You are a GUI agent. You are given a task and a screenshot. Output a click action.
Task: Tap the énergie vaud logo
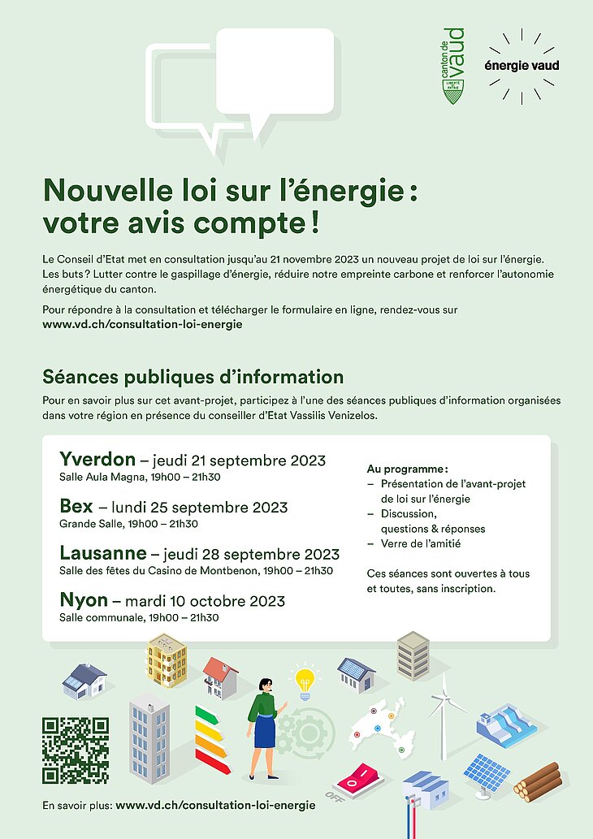522,66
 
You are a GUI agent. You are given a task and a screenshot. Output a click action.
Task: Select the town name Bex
76,507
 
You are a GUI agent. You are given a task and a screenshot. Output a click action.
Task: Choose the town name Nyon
84,600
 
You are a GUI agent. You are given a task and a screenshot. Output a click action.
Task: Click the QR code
76,750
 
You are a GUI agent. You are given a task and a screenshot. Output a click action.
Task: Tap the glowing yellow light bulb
305,681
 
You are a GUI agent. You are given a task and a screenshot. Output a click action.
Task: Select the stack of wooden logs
538,781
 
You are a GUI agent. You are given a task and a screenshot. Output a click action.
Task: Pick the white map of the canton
382,726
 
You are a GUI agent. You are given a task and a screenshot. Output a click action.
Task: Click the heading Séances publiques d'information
193,377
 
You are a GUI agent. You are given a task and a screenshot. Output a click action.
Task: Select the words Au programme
407,469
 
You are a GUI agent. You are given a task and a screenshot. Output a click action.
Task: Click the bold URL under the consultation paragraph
142,324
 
